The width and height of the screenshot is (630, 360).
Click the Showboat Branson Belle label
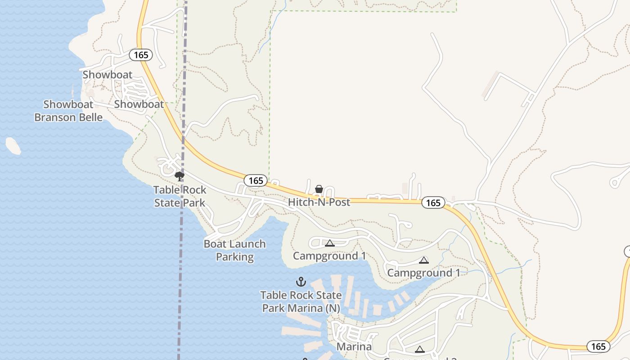(x=68, y=111)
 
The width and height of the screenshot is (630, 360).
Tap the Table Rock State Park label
(x=180, y=196)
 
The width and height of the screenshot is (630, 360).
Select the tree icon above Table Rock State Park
(x=180, y=176)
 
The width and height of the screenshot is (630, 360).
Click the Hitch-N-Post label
(x=319, y=202)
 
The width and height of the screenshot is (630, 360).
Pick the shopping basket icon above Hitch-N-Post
(x=319, y=189)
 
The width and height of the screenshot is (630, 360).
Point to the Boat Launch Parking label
(x=234, y=250)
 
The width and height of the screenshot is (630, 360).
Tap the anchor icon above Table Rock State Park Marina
(x=301, y=282)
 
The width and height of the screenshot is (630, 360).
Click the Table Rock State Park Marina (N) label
(x=301, y=302)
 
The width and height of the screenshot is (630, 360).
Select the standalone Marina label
(x=354, y=346)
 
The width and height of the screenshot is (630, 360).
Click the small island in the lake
(x=13, y=146)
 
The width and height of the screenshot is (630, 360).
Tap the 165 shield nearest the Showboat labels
(x=141, y=55)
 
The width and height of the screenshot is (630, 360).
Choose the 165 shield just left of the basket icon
(x=256, y=180)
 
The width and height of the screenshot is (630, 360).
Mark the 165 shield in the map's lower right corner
(x=598, y=346)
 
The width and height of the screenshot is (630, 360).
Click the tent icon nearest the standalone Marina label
(x=419, y=349)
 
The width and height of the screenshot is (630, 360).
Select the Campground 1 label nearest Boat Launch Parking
(x=329, y=256)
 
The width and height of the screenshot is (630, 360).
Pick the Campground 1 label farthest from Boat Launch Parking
(x=423, y=273)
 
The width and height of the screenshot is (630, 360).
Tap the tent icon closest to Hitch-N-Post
(x=330, y=243)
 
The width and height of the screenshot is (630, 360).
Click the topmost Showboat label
(x=108, y=75)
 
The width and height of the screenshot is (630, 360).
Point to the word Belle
(x=90, y=117)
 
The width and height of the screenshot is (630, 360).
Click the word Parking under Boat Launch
(x=234, y=257)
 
